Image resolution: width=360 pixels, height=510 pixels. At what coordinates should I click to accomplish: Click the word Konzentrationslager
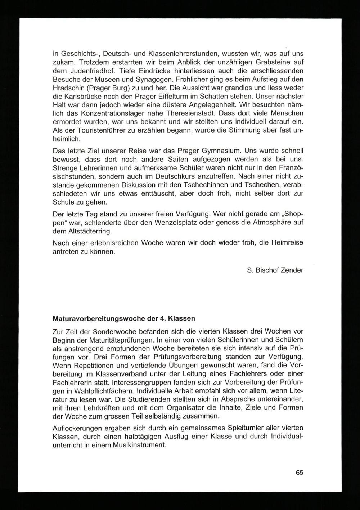coord(109,114)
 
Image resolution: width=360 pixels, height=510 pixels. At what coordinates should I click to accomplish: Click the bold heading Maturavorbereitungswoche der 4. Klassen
coord(124,319)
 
